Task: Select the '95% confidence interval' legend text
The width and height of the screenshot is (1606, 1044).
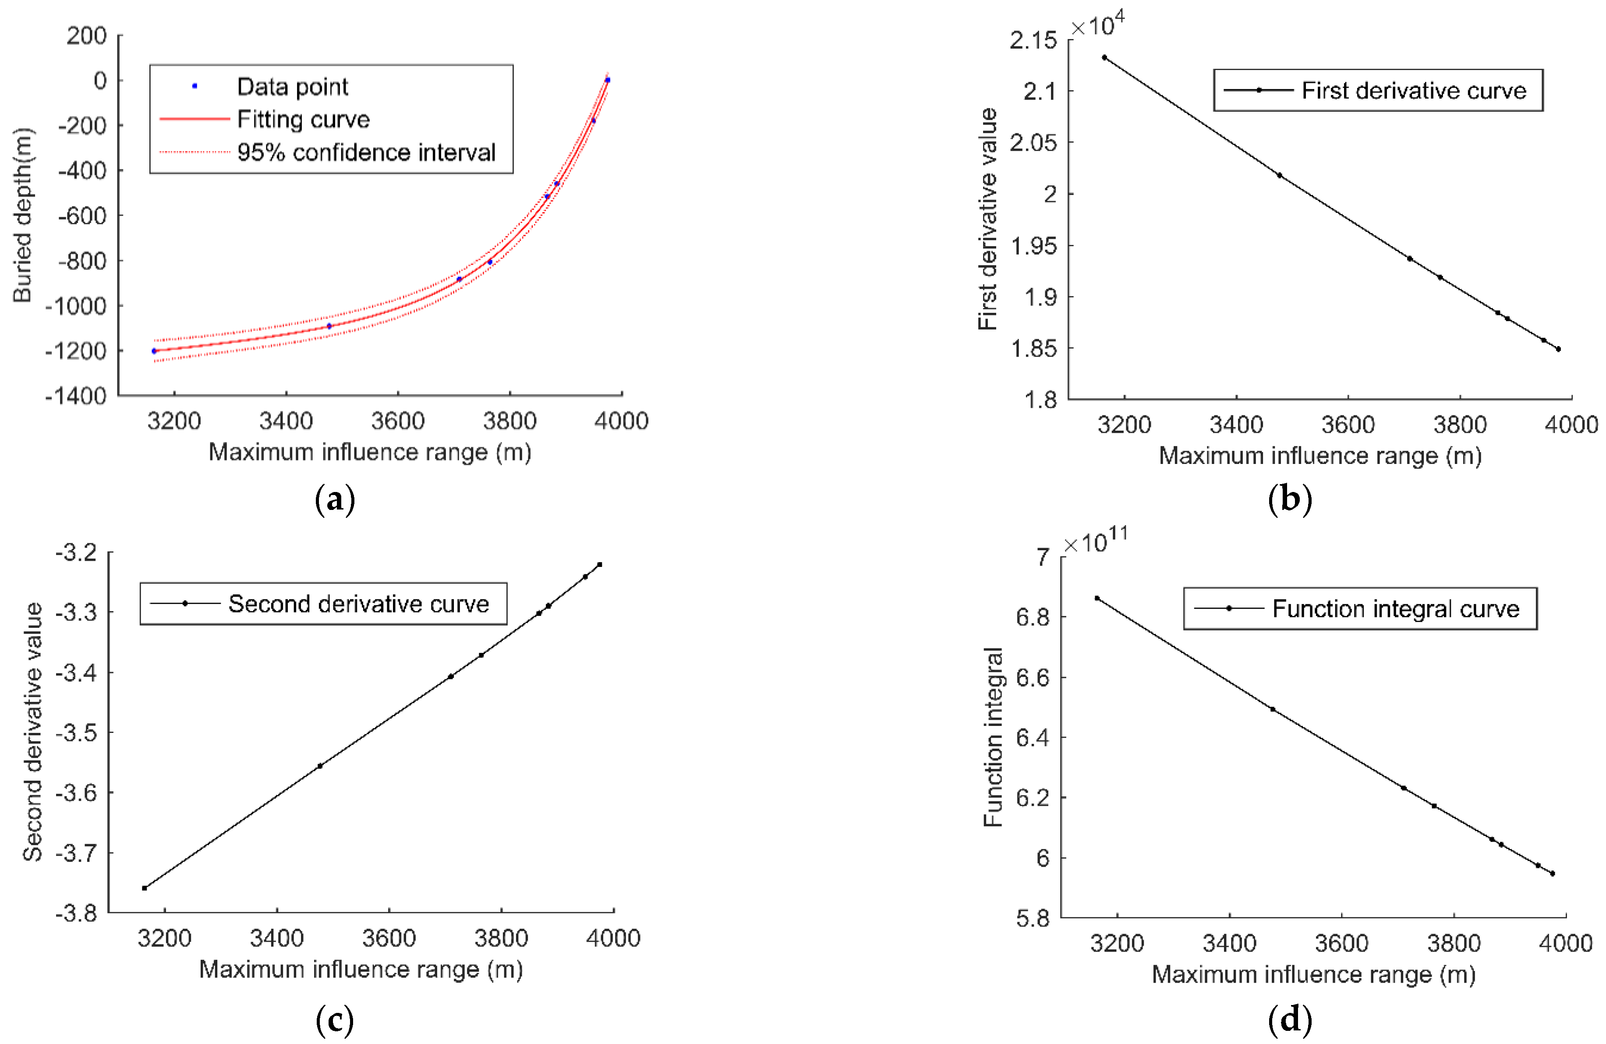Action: (x=366, y=152)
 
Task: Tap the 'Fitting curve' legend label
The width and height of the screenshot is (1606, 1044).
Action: (x=303, y=120)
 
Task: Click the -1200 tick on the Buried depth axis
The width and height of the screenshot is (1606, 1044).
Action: (x=76, y=351)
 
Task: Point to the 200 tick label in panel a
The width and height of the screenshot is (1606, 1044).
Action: (x=86, y=36)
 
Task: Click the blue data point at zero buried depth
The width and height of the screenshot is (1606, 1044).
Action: (x=607, y=80)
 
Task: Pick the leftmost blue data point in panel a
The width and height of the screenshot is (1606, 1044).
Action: (x=154, y=351)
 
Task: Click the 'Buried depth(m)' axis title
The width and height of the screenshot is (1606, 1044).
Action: (x=22, y=215)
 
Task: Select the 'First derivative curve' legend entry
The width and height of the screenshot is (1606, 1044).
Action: (x=1413, y=90)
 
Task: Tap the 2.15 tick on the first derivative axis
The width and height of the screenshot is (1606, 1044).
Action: (x=1033, y=40)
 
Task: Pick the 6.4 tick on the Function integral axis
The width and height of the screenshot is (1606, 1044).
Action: (x=1033, y=738)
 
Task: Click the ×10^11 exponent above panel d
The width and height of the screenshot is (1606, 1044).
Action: (x=1094, y=541)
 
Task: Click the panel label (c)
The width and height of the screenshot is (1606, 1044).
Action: (x=335, y=1020)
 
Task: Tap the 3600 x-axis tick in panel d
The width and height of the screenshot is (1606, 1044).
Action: (x=1341, y=943)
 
